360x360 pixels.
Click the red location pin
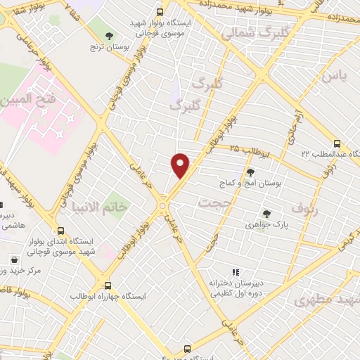[181, 165]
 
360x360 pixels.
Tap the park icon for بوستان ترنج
[108, 35]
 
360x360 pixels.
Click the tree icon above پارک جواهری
[266, 214]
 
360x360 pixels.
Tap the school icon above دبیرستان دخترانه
[236, 272]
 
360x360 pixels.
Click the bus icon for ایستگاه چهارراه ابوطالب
[108, 285]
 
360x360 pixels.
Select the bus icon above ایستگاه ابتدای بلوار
[61, 230]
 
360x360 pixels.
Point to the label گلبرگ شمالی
[246, 33]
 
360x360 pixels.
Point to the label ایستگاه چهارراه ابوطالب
[108, 297]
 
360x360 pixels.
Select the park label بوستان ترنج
[105, 47]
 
